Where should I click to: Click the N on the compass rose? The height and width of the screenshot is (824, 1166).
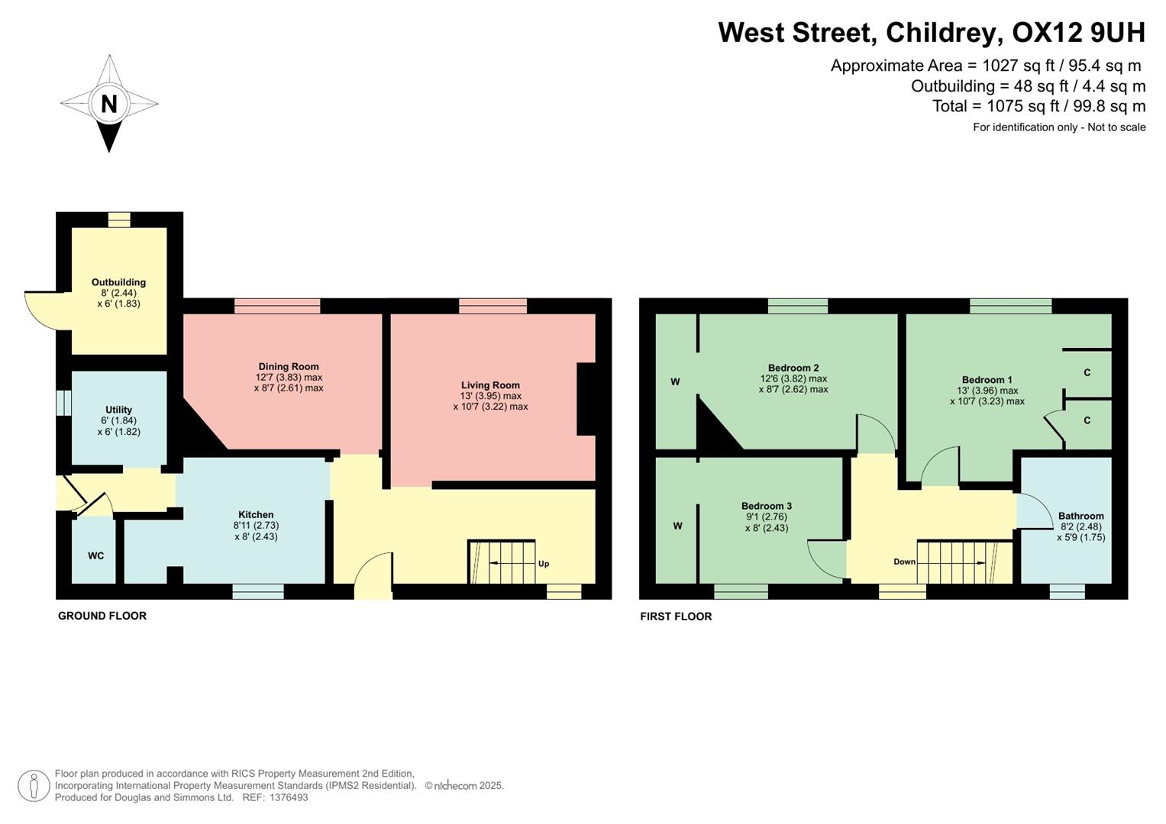point(109,104)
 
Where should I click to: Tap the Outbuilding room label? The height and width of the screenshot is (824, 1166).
point(118,282)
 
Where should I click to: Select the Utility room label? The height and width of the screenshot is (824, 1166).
point(118,410)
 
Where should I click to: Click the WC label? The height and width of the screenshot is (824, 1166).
point(95,555)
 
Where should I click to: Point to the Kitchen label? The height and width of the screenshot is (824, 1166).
point(256,514)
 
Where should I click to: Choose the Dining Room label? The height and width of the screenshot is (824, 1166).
point(289,366)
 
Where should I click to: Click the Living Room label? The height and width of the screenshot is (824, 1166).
point(490,385)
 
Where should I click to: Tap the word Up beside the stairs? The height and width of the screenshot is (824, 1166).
point(544,564)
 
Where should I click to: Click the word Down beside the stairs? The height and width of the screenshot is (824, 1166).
point(904,562)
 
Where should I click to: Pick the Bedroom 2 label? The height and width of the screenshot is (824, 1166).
point(793,368)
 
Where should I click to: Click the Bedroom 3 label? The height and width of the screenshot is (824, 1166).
point(767,506)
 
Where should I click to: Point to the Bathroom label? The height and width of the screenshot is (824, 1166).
point(1080,516)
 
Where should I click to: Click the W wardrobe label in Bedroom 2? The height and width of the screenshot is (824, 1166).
point(675,381)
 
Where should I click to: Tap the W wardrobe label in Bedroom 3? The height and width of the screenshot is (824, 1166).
point(677,526)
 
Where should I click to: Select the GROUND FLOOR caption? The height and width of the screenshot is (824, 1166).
point(102,616)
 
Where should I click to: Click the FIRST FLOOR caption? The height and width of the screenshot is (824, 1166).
point(676,616)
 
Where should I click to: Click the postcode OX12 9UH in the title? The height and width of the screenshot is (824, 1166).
point(1078,33)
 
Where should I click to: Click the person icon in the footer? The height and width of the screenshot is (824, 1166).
point(34,786)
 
